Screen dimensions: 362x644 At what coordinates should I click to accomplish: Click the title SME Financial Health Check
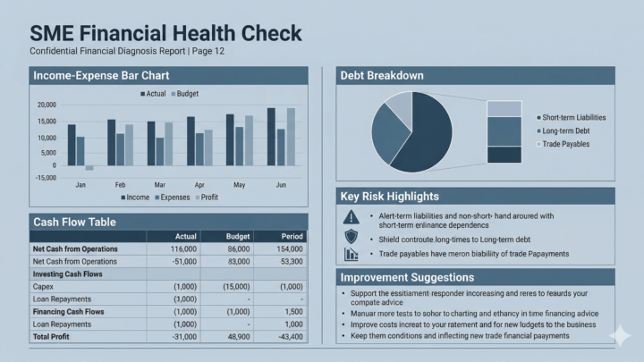[165, 33]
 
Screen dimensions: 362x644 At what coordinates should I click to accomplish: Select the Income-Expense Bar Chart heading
[101, 76]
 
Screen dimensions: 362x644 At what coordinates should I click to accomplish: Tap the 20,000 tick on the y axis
[45, 105]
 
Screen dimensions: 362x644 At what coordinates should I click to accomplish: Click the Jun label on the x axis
[280, 185]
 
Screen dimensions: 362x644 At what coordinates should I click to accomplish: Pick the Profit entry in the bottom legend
[208, 198]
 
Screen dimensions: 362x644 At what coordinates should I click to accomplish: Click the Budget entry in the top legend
[187, 94]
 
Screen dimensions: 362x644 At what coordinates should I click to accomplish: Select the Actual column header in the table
[182, 236]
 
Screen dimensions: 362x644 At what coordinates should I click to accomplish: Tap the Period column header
[292, 236]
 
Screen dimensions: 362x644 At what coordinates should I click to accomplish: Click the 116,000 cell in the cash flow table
[182, 248]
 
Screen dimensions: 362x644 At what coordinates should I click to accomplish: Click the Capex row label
[44, 286]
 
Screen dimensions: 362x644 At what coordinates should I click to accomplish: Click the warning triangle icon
[351, 217]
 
